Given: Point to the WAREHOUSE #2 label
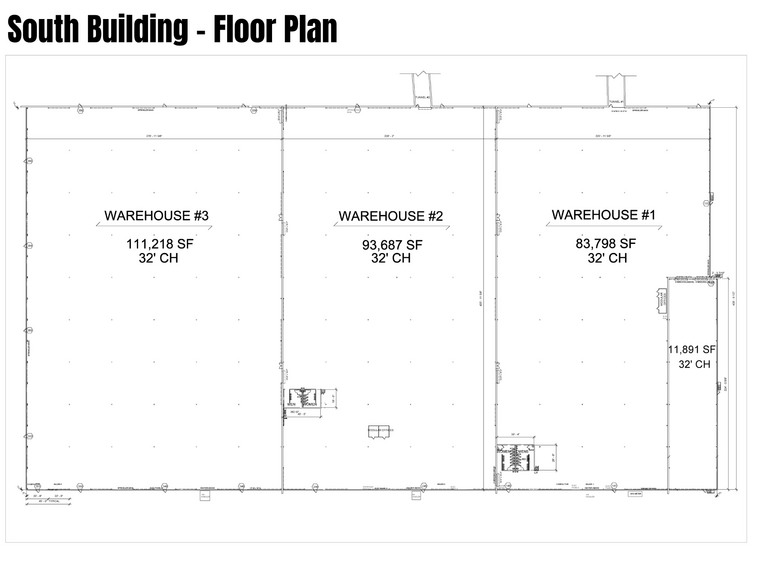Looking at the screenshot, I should pos(391,216).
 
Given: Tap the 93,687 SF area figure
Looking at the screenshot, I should pos(391,244).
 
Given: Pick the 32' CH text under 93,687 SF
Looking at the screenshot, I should pos(391,258).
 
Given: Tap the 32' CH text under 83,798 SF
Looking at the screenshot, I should pos(608,257).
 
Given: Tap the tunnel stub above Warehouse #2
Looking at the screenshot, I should pos(420,88).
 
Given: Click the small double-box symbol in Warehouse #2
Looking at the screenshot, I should pos(381,431).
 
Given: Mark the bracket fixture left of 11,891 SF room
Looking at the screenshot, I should pos(662,299).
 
